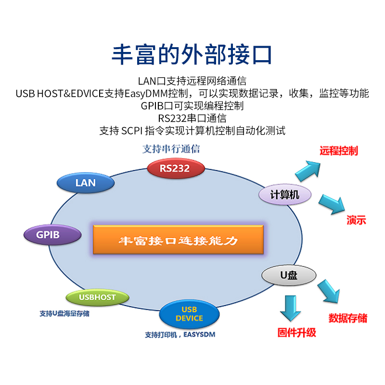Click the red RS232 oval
point(176,168)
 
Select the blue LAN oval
point(86,183)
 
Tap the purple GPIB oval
point(48,235)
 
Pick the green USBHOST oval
point(98,297)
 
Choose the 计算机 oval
point(285,194)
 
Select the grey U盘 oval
point(289,275)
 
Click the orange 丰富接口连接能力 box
point(179,240)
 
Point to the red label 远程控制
point(339,151)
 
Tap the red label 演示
point(357,221)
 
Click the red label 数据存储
point(348,318)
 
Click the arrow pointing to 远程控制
point(308,169)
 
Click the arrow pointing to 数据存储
point(329,292)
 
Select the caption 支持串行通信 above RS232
point(171,149)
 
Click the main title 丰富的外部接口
point(192,55)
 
